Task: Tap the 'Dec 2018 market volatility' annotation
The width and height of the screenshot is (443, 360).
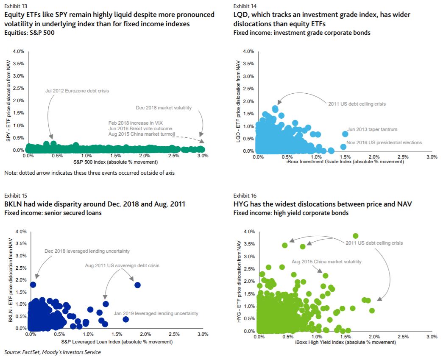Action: coord(164,108)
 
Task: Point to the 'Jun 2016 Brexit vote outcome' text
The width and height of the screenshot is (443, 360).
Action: coord(140,128)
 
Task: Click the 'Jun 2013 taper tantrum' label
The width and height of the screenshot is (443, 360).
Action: coord(372,129)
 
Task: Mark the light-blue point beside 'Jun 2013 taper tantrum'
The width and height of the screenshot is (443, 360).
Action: coord(345,134)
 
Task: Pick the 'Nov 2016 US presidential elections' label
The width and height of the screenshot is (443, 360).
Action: coord(384,142)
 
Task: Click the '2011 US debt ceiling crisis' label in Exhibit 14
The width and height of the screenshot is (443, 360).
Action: coord(357,104)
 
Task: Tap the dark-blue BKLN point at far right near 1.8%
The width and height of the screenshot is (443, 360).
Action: coord(137,285)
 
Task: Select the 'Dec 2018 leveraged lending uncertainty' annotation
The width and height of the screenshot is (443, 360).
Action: coord(87,251)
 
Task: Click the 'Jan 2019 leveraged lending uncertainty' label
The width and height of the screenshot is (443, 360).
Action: coord(156,313)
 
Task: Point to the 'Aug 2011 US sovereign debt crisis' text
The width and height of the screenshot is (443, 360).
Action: coord(122,265)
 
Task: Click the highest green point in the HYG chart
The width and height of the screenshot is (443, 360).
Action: coord(356,236)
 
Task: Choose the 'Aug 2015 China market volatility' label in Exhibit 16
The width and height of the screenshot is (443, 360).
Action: coord(326,262)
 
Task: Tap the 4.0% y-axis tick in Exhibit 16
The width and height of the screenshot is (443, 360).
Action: coord(249,232)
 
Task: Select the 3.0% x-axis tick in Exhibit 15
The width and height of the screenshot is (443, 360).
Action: coord(202,335)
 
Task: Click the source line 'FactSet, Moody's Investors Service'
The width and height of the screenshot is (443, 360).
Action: coord(53,352)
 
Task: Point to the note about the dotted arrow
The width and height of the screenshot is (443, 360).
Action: coord(89,173)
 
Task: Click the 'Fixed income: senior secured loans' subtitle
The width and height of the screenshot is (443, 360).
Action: coord(53,213)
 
